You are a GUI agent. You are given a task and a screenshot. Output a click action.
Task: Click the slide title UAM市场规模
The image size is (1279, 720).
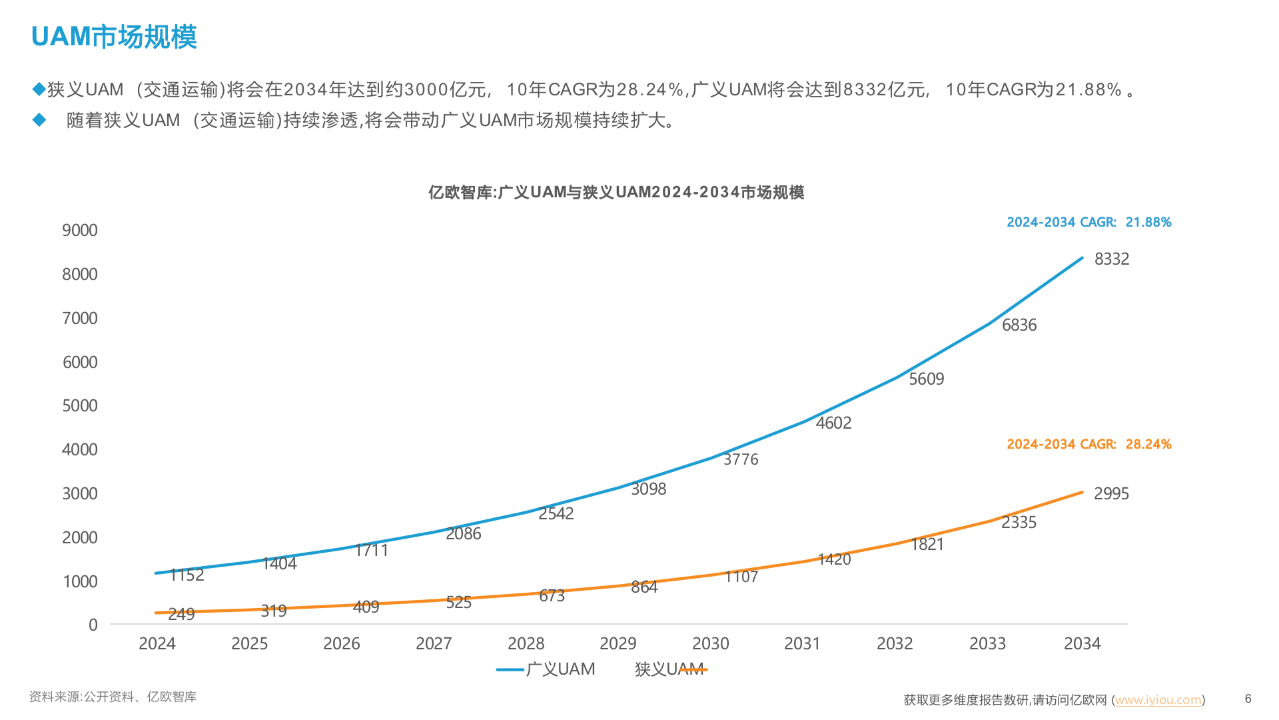tap(114, 37)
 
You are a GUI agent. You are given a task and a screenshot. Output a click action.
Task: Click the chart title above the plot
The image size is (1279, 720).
tap(616, 193)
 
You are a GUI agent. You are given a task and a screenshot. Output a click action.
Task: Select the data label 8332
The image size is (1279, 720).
tap(1111, 259)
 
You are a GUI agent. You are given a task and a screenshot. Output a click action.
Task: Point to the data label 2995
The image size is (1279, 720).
tap(1111, 494)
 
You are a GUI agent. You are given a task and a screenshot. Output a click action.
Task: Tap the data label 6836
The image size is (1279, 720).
tap(1019, 325)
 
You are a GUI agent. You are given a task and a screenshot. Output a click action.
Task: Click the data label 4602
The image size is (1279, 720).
tap(833, 423)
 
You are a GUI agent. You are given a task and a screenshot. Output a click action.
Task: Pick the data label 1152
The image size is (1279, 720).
tap(187, 575)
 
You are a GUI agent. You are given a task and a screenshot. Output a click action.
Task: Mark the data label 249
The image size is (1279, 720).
tap(181, 614)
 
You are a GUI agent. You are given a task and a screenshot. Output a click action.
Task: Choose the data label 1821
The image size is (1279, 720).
tap(927, 545)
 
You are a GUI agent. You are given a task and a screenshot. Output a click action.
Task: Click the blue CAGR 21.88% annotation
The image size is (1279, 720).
tap(1088, 223)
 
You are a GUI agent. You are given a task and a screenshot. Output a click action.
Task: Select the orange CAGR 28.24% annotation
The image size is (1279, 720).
tap(1088, 445)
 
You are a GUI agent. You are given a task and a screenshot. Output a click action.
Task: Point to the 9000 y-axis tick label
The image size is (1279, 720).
tap(80, 231)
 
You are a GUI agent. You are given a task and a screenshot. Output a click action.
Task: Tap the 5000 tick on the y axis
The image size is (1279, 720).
tap(80, 406)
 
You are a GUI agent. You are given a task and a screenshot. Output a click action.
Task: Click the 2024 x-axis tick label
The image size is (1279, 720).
tap(157, 644)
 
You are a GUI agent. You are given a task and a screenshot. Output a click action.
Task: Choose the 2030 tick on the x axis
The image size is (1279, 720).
tap(710, 644)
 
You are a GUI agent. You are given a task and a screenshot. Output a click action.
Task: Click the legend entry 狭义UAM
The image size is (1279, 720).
tap(669, 669)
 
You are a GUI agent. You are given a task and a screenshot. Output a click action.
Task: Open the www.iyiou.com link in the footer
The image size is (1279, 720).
tap(1158, 700)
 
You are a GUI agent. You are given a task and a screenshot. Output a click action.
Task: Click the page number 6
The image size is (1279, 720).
tap(1248, 699)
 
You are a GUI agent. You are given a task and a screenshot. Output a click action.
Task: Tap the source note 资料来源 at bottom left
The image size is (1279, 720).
tap(113, 697)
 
